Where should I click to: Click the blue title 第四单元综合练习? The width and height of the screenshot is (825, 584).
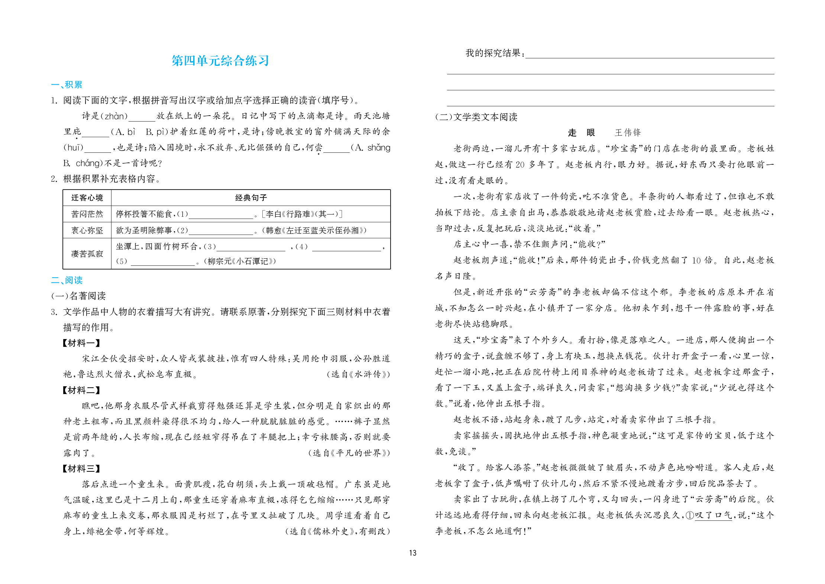point(220,61)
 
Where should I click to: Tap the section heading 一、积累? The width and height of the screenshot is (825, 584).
point(67,85)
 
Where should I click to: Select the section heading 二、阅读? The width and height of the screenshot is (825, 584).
point(67,280)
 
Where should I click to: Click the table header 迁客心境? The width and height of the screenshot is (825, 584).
point(87,198)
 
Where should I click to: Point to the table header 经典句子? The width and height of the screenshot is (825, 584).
point(251,198)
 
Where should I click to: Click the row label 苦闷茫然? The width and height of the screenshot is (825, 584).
point(87,214)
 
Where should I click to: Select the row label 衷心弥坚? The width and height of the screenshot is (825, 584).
point(87,230)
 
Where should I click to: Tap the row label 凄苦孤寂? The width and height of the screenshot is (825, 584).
point(87,254)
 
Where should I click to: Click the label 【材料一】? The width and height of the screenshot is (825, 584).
point(81,343)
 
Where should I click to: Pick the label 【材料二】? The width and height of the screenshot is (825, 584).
point(81,390)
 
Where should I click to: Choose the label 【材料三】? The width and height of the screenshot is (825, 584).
point(81,468)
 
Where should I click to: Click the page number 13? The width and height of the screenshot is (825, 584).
point(412,553)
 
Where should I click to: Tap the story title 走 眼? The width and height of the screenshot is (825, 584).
point(581,133)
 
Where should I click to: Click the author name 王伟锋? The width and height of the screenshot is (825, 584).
point(628,133)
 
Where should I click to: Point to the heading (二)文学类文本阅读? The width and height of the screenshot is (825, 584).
point(476,117)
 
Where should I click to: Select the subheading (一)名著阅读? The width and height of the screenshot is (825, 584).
point(78,296)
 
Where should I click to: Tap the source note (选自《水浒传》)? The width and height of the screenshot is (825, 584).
point(358,374)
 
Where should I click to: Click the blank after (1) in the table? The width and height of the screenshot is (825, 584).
point(221,215)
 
